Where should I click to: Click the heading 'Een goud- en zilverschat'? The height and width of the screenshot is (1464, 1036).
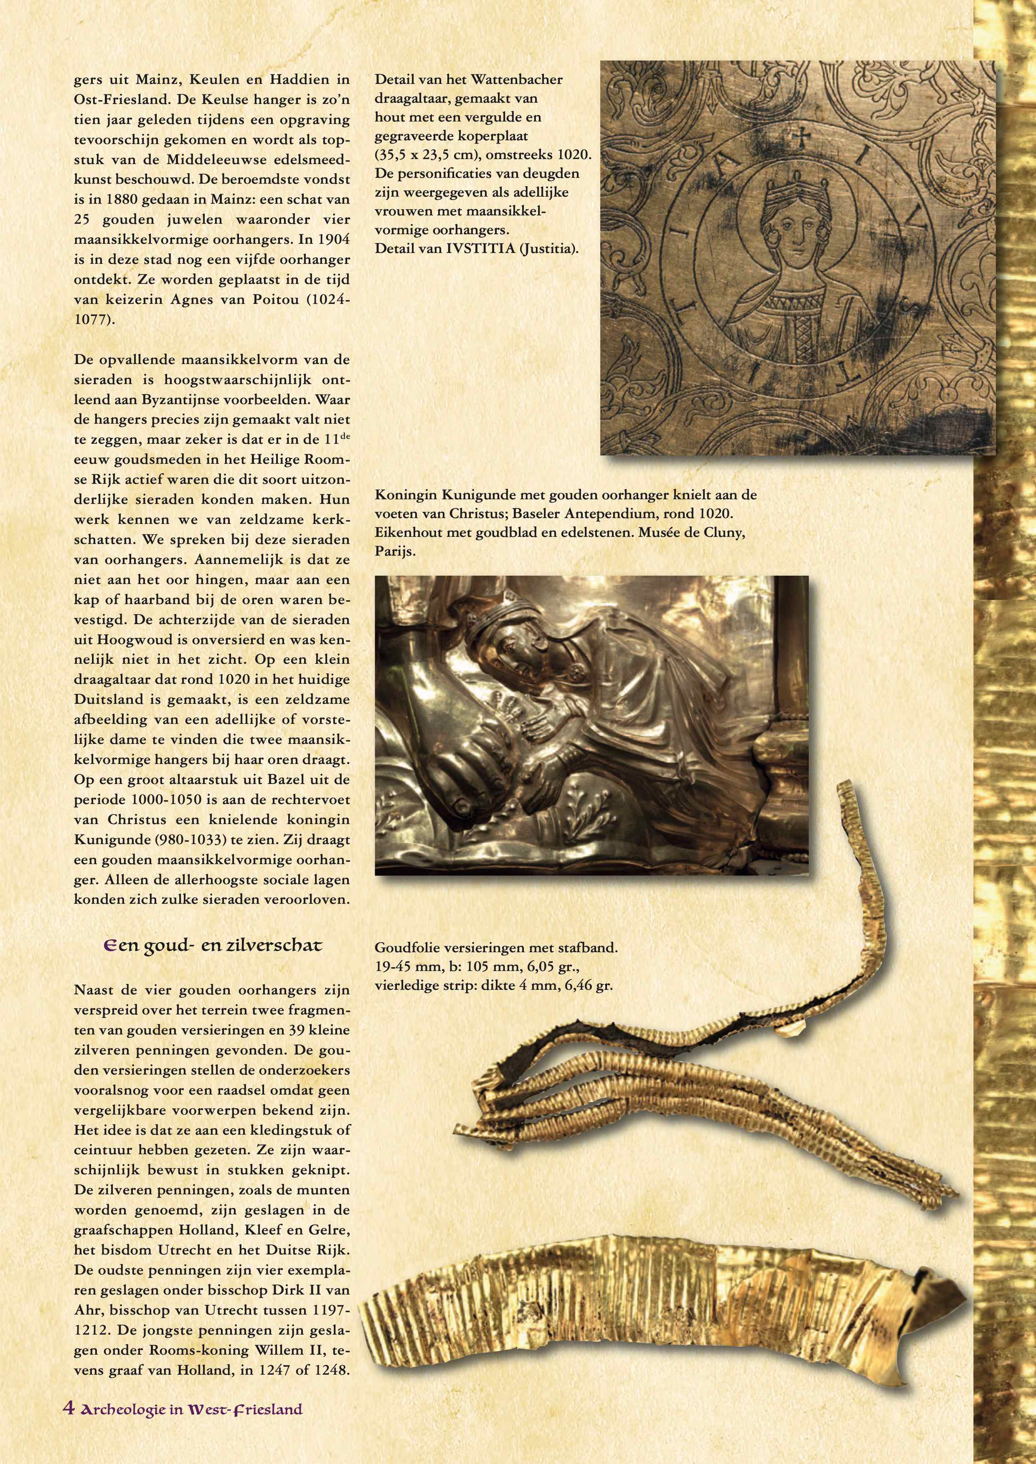[x=213, y=946]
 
